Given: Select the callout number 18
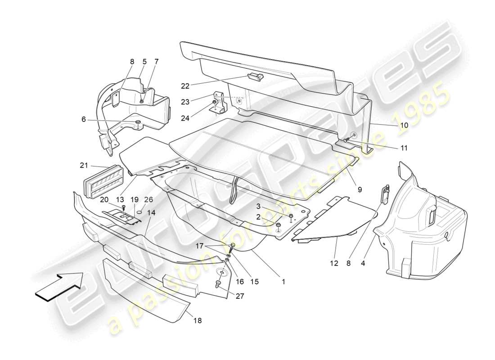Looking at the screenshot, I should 198,320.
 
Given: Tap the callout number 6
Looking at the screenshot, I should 84,119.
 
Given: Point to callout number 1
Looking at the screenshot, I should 283,282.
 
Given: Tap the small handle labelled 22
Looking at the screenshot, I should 254,77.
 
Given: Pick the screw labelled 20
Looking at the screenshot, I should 123,207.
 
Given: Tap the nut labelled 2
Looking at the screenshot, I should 279,225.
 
